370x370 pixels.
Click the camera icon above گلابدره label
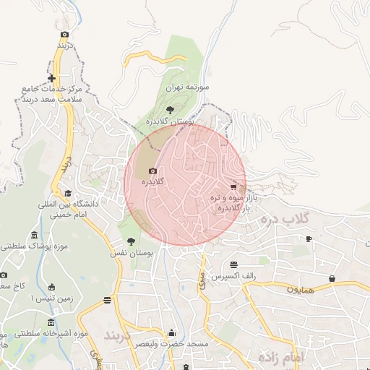(x=152, y=171)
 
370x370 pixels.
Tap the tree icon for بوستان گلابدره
(x=170, y=109)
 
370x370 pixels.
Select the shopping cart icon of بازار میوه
(x=233, y=186)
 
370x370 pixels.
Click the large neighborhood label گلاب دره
(x=285, y=218)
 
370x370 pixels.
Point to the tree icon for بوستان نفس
(x=131, y=241)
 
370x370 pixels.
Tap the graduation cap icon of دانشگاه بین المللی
(x=68, y=193)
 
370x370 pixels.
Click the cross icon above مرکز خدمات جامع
(x=51, y=78)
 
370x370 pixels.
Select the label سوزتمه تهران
(x=187, y=87)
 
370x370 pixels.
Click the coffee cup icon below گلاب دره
(x=309, y=238)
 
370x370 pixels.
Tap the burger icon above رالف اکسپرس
(x=233, y=264)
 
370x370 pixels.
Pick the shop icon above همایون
(x=332, y=278)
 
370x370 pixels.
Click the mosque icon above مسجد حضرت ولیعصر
(x=171, y=333)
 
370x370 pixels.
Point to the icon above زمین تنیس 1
(x=51, y=287)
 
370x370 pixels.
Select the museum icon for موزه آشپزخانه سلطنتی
(x=51, y=322)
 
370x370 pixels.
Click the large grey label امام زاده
(x=280, y=357)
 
